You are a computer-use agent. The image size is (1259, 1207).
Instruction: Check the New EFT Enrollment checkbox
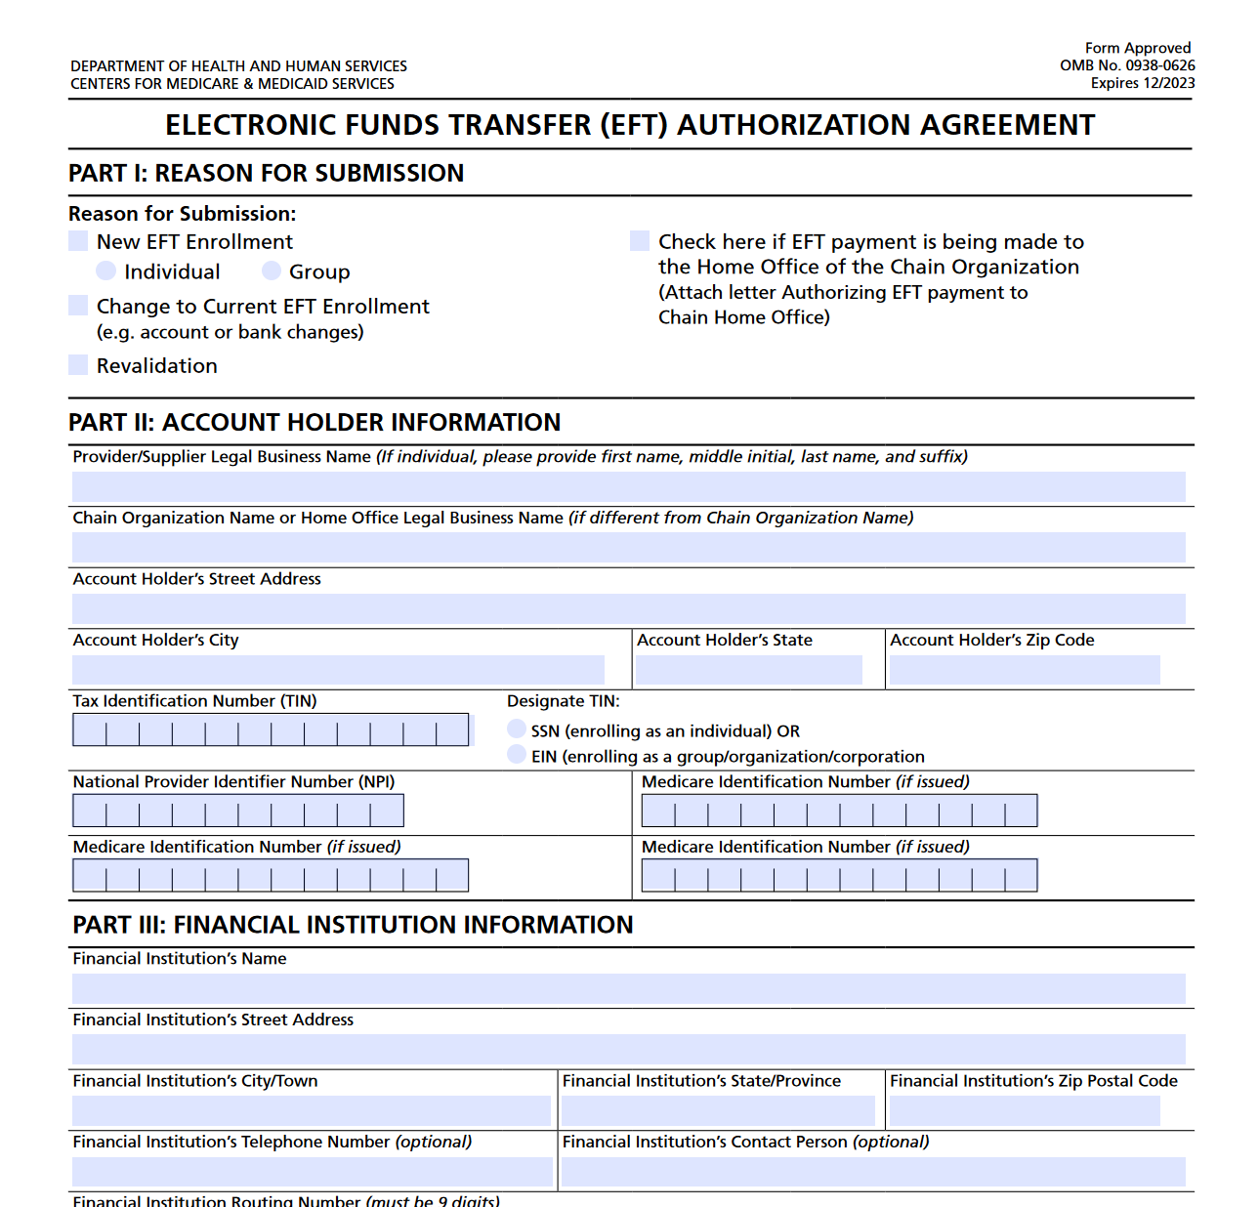pos(78,241)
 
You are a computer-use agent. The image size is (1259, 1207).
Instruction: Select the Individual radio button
pos(106,271)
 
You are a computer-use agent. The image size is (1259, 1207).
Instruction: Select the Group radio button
pos(272,271)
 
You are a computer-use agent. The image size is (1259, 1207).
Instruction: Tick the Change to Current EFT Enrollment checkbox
pos(78,306)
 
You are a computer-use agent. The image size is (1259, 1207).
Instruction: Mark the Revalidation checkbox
pos(78,365)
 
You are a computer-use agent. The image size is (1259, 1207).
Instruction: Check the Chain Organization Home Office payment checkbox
pos(640,241)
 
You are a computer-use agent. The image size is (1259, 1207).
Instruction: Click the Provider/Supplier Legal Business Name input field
pos(628,486)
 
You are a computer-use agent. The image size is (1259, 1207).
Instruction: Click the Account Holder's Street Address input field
pos(628,608)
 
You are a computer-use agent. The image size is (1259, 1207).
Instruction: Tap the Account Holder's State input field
pos(749,670)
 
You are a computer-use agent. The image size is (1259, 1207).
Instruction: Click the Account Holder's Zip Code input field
pos(1025,670)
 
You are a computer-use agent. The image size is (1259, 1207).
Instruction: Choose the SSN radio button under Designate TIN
pos(517,729)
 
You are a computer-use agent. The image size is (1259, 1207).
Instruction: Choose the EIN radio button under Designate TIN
pos(517,755)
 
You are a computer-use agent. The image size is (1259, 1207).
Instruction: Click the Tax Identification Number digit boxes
pos(271,730)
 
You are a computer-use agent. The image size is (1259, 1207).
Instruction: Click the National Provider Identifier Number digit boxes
pos(237,812)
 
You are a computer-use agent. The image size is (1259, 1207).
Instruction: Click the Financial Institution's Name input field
pos(628,988)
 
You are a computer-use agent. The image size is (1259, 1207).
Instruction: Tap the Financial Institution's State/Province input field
pos(718,1111)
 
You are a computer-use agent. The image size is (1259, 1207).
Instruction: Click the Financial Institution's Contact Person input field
pos(873,1172)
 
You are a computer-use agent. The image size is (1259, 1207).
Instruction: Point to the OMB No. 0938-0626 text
pos(1127,65)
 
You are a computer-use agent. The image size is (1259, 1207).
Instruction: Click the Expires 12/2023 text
pos(1143,83)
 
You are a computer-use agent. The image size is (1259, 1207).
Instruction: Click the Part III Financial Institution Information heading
pos(353,925)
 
